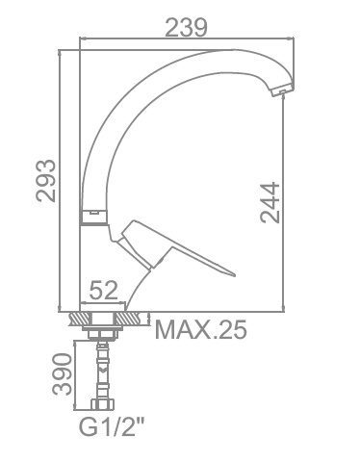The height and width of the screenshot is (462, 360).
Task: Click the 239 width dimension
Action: coord(186,28)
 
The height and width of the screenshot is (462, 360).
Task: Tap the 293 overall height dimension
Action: coord(45,181)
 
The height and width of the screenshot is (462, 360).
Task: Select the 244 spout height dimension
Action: coord(270,202)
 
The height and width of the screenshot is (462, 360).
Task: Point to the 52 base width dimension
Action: coord(104,291)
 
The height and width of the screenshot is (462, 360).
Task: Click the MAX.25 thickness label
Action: coord(201,329)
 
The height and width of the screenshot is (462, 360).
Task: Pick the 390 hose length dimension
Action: coord(62,374)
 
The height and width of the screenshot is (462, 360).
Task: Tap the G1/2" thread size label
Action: coord(112,427)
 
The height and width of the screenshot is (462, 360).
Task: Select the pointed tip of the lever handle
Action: coord(235,275)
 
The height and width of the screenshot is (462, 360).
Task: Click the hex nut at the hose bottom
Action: coord(102,404)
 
